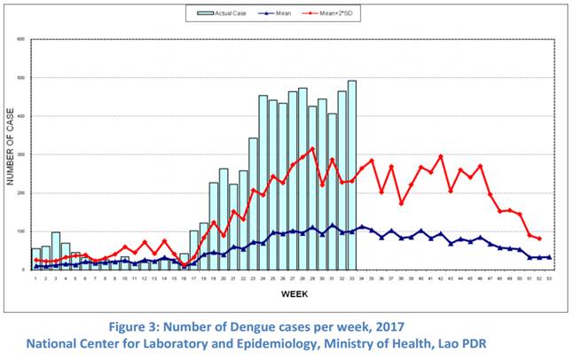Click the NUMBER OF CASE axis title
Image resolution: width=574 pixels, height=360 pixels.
click(12, 153)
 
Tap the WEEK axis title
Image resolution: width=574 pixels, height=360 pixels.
click(295, 293)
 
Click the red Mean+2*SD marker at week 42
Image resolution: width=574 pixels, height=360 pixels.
click(441, 157)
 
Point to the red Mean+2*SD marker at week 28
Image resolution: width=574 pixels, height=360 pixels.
click(303, 157)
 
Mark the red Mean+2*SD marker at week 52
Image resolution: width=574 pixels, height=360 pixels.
click(539, 239)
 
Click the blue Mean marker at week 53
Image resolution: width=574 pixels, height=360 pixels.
click(549, 257)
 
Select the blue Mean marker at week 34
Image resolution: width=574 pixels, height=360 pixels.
click(362, 227)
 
